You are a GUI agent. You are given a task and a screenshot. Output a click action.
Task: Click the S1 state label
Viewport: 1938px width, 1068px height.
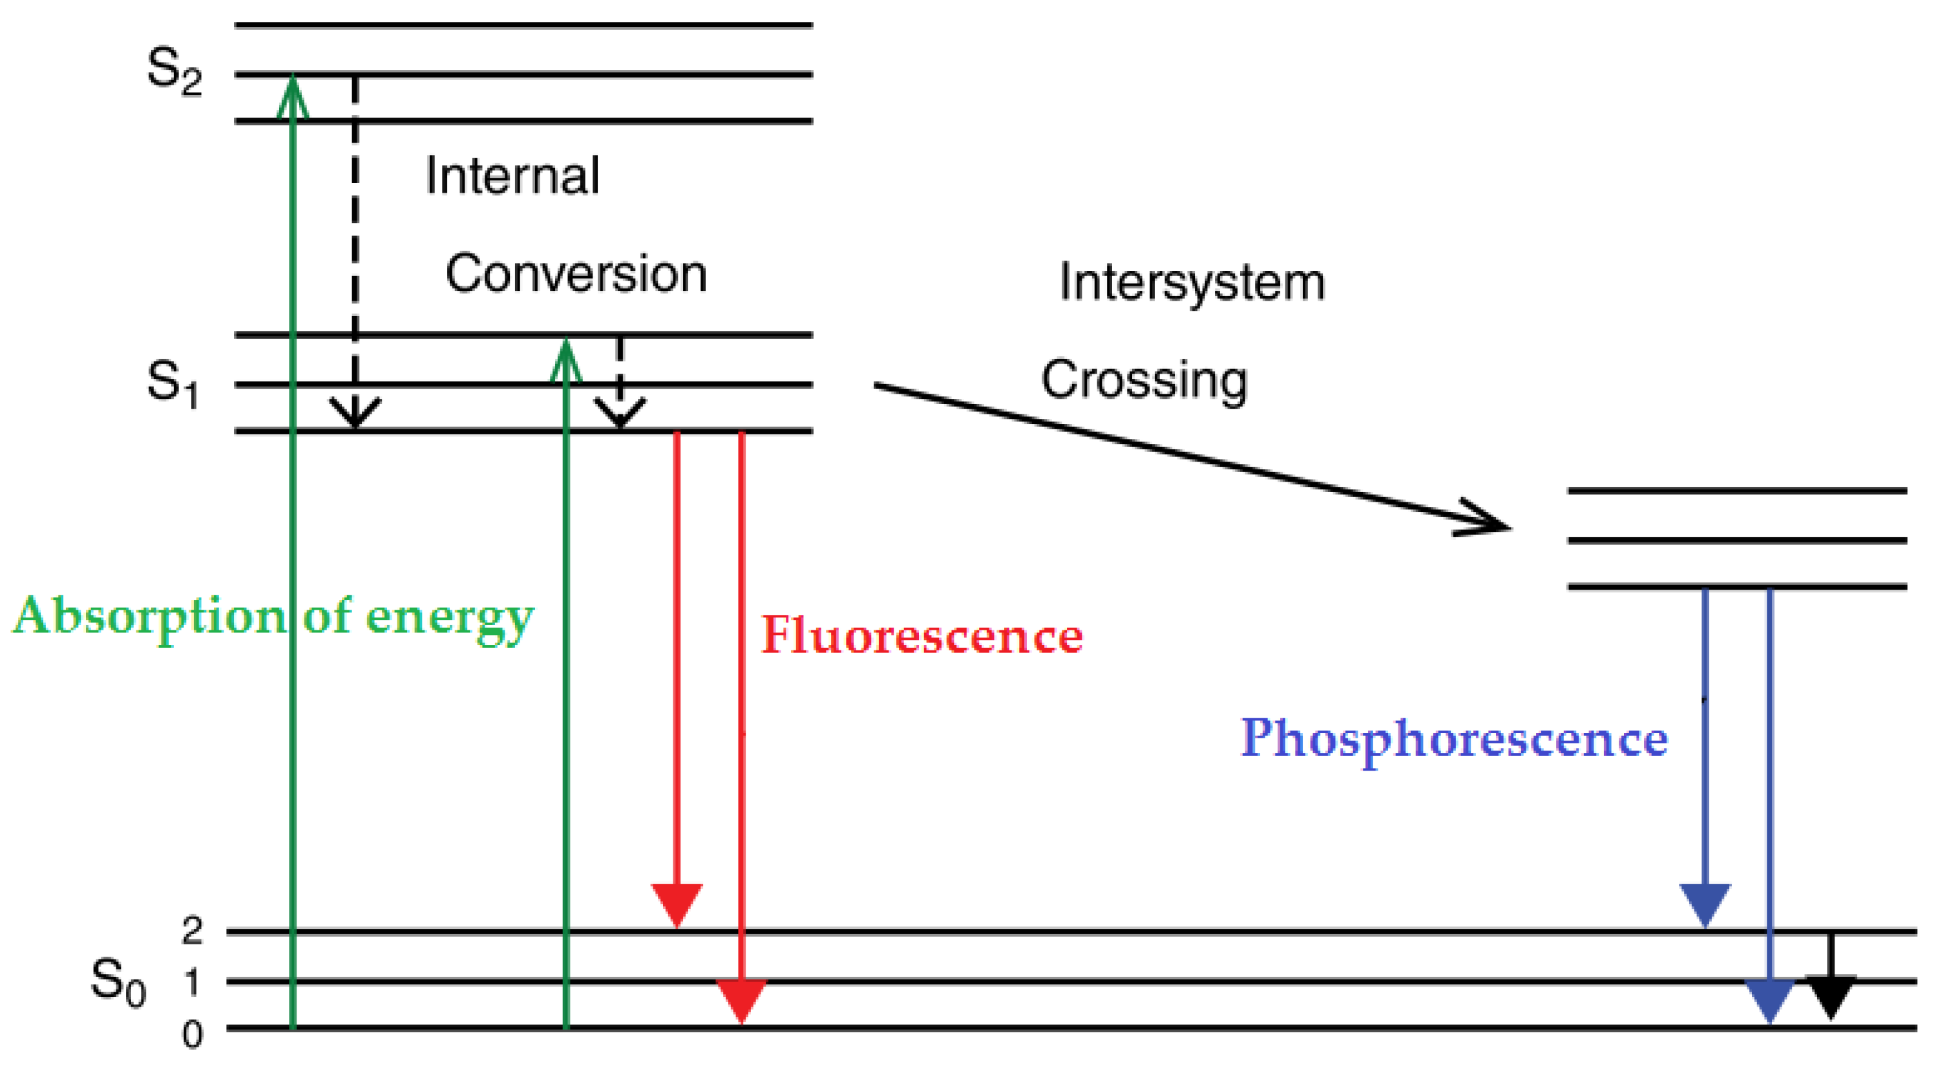pyautogui.click(x=173, y=383)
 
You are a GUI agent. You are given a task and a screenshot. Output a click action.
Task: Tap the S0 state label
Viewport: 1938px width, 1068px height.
pyautogui.click(x=118, y=981)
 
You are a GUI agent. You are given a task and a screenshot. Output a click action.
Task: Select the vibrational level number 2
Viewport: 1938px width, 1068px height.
pyautogui.click(x=193, y=932)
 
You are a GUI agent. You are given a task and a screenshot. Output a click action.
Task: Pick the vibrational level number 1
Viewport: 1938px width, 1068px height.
pyautogui.click(x=193, y=982)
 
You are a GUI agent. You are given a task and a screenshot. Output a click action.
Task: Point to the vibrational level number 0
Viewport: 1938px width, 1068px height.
pyautogui.click(x=193, y=1035)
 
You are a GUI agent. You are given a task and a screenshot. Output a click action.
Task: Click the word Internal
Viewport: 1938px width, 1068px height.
pyautogui.click(x=512, y=176)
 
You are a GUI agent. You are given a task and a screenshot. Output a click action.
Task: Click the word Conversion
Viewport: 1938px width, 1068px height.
pyautogui.click(x=576, y=274)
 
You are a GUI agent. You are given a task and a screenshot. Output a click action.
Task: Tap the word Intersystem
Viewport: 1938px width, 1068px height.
pyautogui.click(x=1192, y=284)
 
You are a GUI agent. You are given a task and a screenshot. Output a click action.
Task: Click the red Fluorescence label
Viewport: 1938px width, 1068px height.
pyautogui.click(x=922, y=636)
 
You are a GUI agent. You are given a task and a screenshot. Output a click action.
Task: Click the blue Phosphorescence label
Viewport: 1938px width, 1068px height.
pyautogui.click(x=1453, y=739)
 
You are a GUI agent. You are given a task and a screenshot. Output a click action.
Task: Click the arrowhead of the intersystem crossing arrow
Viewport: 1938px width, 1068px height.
pyautogui.click(x=1486, y=519)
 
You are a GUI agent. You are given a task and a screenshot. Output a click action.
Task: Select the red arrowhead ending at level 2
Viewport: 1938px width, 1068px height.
pyautogui.click(x=677, y=903)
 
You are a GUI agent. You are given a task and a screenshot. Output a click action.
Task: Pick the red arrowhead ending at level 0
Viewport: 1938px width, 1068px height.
pyautogui.click(x=742, y=999)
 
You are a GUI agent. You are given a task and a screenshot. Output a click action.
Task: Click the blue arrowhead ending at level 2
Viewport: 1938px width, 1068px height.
pyautogui.click(x=1705, y=903)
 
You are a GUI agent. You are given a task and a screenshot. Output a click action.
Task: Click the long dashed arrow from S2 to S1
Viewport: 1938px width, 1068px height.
pyautogui.click(x=355, y=248)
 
